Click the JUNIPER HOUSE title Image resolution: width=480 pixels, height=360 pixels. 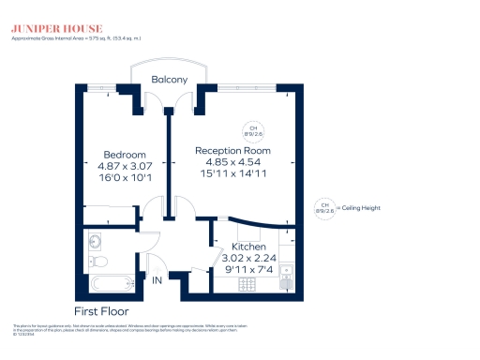(45, 27)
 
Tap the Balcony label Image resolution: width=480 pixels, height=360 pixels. (170, 80)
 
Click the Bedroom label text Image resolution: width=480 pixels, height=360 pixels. (124, 155)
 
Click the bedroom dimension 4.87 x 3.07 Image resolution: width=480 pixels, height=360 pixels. (124, 166)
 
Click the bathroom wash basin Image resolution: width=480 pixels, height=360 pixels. (93, 239)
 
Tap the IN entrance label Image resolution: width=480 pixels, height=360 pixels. (157, 281)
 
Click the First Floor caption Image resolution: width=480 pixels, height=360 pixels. (101, 310)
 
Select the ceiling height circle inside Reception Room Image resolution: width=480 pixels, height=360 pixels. (251, 130)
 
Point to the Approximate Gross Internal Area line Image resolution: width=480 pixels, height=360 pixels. (75, 38)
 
